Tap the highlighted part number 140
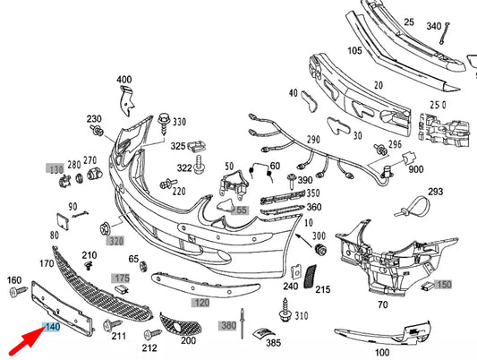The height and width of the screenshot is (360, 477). (x=52, y=328)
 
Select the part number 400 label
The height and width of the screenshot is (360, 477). (x=124, y=80)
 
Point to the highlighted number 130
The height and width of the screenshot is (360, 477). (x=56, y=168)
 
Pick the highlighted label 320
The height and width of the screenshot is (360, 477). (x=116, y=240)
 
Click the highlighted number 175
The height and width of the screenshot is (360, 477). (x=122, y=279)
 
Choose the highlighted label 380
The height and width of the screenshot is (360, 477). (x=228, y=325)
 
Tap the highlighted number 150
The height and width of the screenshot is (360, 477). (x=445, y=284)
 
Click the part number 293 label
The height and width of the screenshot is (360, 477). (x=436, y=192)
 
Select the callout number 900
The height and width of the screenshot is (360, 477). (x=415, y=170)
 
